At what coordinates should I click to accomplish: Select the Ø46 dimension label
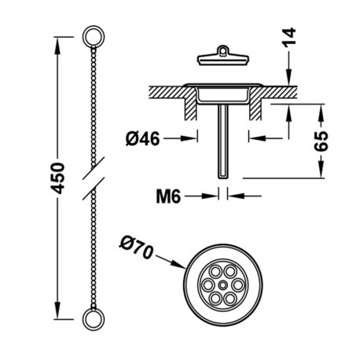point(142,138)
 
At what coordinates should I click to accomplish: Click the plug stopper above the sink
point(223,57)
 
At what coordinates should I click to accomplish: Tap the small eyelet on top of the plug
point(223,50)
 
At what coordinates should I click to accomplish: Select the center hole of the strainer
point(222,282)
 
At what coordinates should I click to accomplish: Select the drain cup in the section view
point(223,94)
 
